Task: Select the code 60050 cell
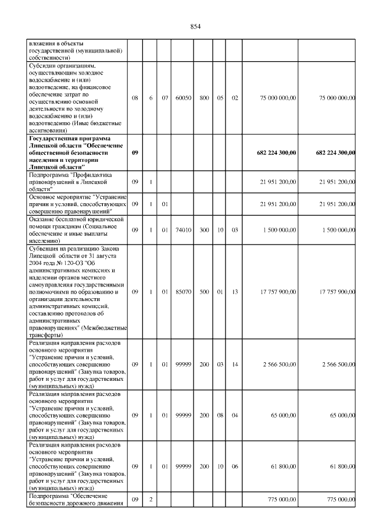pos(184,98)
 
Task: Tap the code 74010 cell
pos(184,230)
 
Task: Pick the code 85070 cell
pos(184,292)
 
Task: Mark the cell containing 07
pos(164,98)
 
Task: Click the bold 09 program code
pos(135,153)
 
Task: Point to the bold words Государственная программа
pos(63,139)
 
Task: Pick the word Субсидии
pos(42,66)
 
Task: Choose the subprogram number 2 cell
pos(150,500)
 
